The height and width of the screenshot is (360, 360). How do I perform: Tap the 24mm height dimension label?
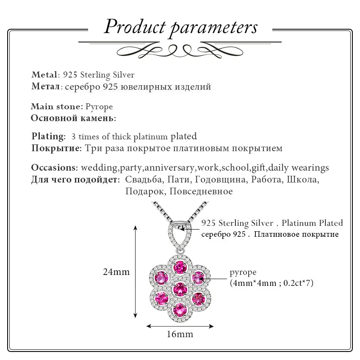(116, 272)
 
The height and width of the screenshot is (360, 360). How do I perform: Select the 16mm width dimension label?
(180, 334)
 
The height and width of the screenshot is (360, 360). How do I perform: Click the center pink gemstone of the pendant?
(180, 289)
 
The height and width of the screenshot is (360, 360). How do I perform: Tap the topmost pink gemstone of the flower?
(180, 268)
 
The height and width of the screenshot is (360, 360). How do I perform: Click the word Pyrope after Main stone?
(99, 107)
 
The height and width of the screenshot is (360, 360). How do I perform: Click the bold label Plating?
(48, 136)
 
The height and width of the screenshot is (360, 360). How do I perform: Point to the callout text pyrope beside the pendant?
(243, 272)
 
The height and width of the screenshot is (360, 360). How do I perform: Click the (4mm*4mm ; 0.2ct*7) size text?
(271, 283)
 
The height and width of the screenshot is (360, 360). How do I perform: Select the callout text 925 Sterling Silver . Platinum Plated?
(272, 223)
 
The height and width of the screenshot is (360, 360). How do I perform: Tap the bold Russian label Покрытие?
(56, 148)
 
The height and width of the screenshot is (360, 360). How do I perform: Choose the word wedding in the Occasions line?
(99, 168)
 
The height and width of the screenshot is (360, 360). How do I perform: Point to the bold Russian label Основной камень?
(73, 118)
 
